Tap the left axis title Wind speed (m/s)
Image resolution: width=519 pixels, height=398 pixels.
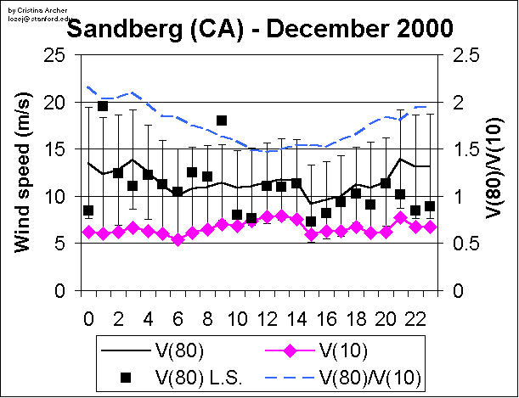(24, 174)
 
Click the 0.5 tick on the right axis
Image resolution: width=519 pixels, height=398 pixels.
(460, 244)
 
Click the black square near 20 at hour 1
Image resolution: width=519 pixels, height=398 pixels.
(103, 106)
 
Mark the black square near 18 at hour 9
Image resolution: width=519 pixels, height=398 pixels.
(222, 121)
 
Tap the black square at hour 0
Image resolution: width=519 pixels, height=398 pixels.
(88, 210)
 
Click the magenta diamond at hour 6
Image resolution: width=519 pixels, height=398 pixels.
(178, 239)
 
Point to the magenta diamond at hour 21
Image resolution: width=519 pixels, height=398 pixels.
(400, 218)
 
